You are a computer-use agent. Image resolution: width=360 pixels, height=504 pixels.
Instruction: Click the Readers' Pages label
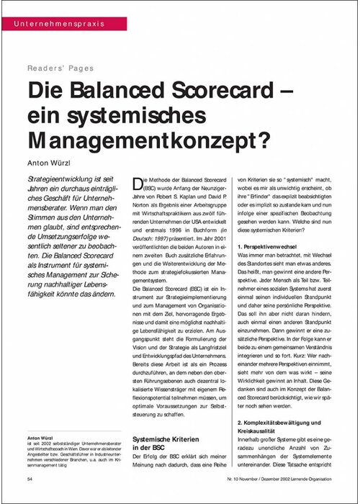[60, 68]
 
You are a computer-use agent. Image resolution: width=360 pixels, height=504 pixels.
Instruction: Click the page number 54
[30, 477]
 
